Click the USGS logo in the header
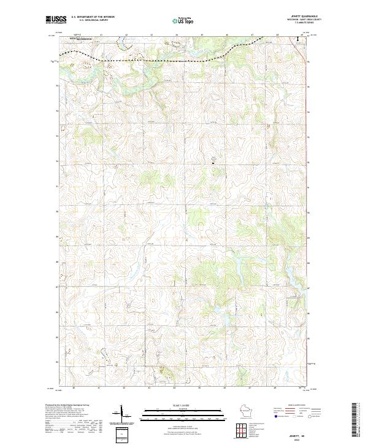[x=55, y=20]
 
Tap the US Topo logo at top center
[x=184, y=21]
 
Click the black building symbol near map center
[x=213, y=163]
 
